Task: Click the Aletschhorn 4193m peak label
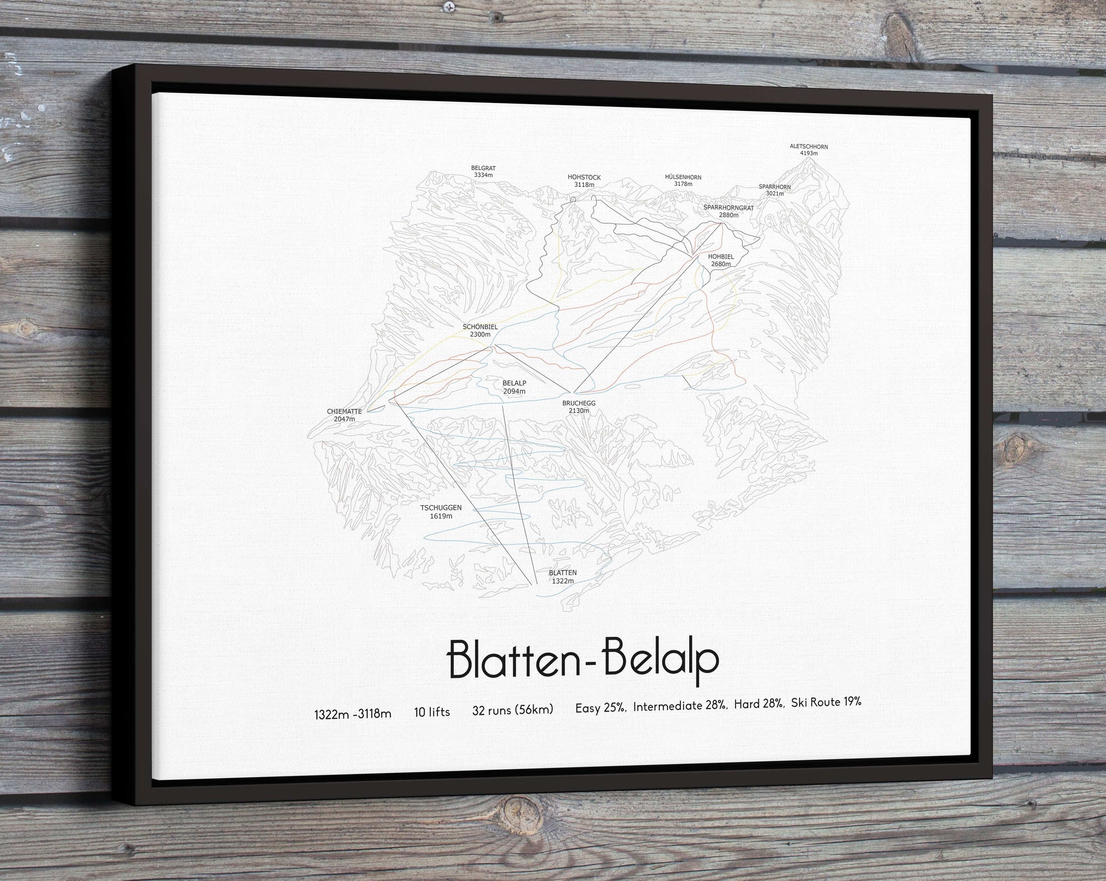(808, 150)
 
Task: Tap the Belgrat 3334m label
(483, 172)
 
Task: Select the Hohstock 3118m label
(584, 181)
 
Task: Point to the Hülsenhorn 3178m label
(683, 180)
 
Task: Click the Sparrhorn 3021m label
(774, 190)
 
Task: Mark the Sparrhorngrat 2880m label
(728, 212)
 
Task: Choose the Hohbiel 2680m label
(721, 260)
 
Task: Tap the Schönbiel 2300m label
(480, 330)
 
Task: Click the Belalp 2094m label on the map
(514, 387)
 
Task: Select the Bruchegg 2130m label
(579, 407)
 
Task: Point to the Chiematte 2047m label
(344, 415)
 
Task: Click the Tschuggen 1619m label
(440, 512)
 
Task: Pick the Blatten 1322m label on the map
(563, 577)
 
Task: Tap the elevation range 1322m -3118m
(352, 714)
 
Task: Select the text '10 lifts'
(432, 712)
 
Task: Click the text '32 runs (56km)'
(512, 709)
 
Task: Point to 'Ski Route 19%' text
(826, 702)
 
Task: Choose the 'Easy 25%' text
(600, 708)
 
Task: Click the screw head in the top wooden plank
(450, 7)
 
